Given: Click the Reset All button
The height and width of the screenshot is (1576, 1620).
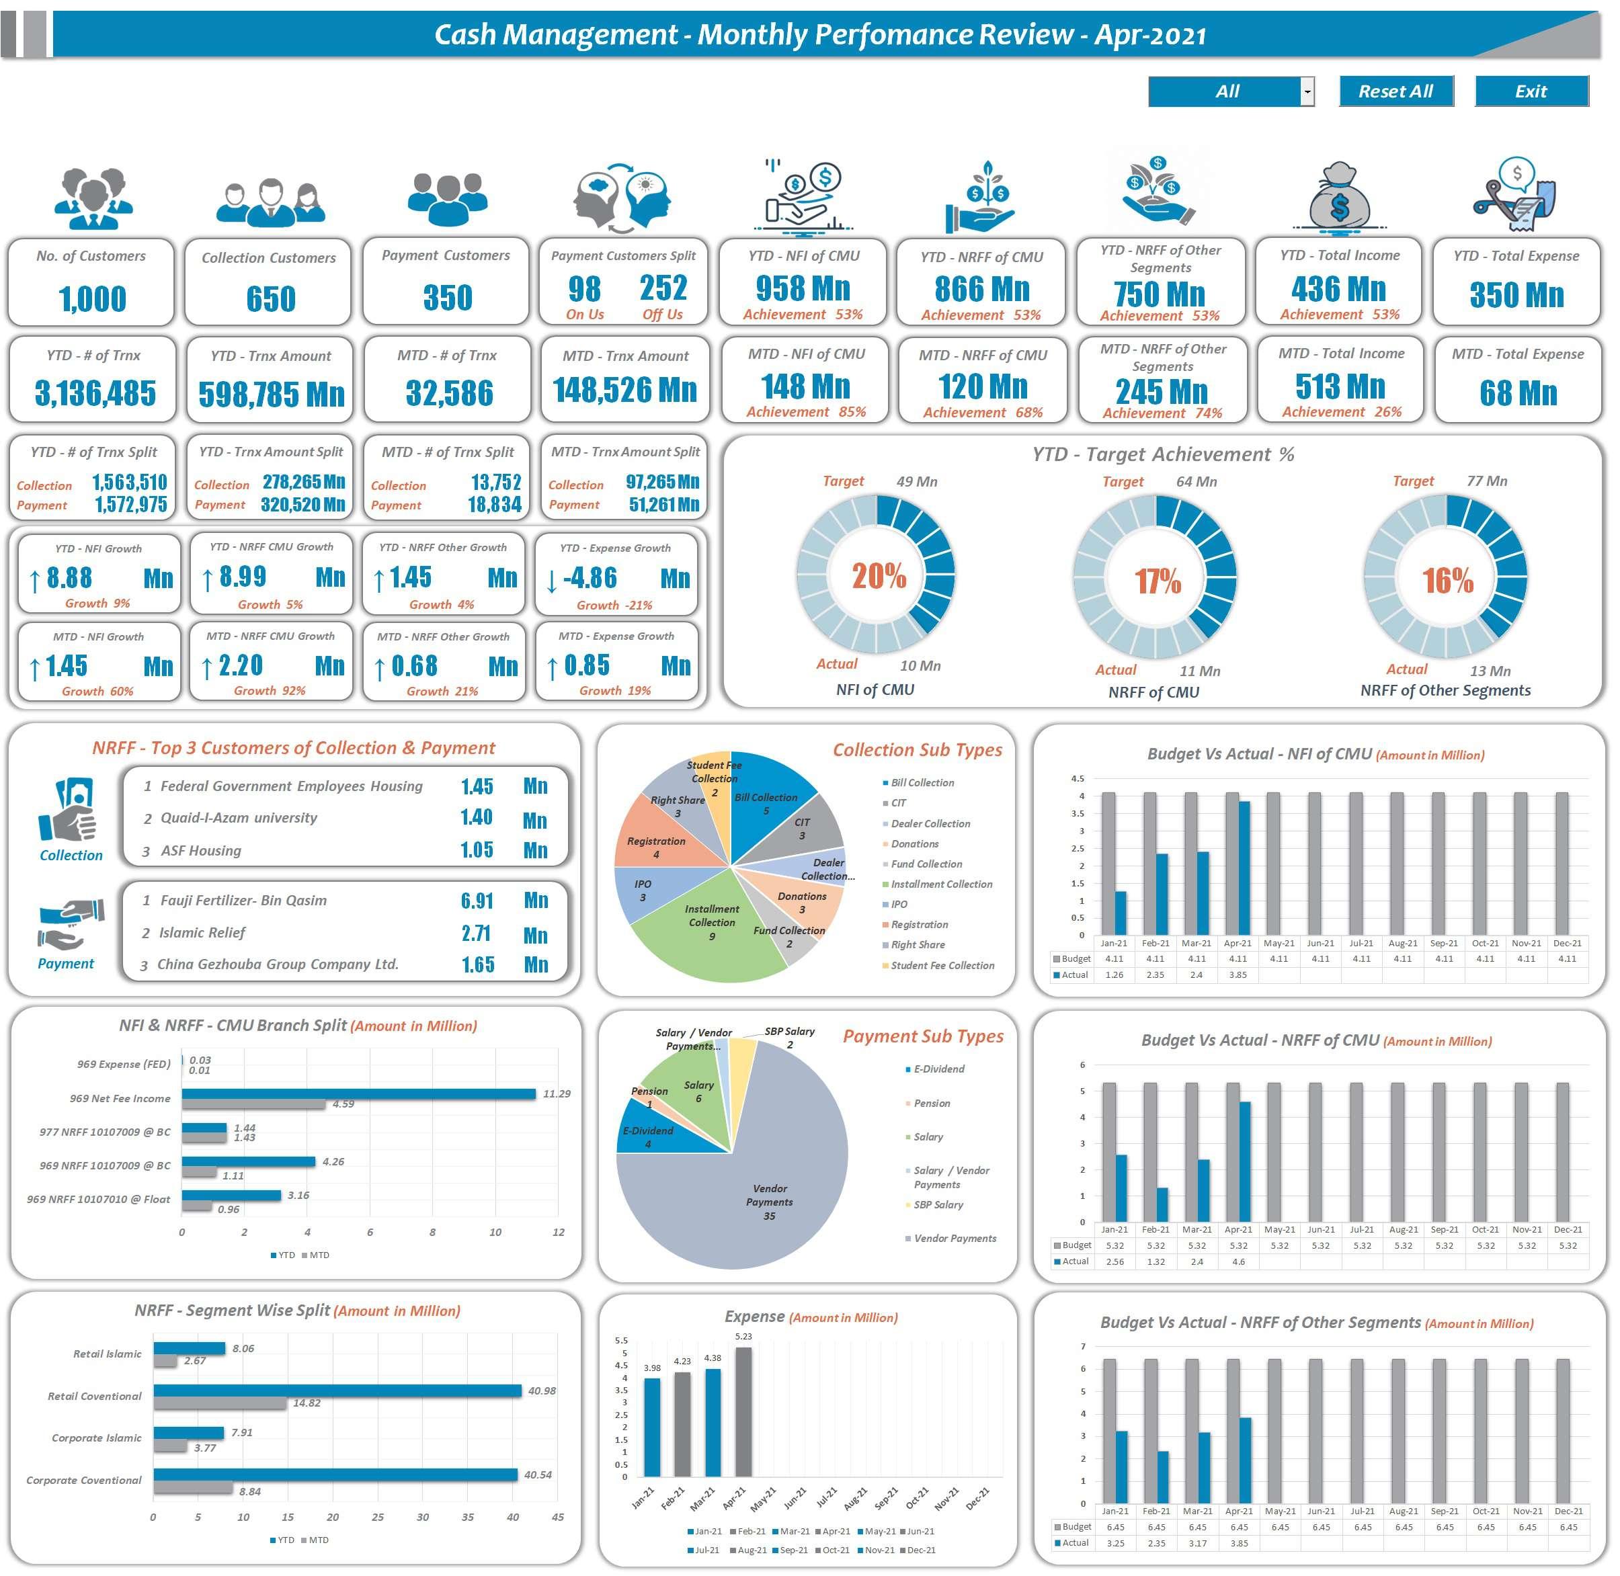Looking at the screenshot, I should click(x=1395, y=91).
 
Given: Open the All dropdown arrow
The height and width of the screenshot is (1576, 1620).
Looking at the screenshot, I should click(x=1307, y=92).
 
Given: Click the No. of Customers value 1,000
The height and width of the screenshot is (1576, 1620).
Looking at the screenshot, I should click(x=92, y=299).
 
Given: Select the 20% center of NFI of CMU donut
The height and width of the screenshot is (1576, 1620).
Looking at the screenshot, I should click(x=879, y=575).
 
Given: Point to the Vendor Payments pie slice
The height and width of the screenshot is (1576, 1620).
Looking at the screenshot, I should click(x=745, y=1192).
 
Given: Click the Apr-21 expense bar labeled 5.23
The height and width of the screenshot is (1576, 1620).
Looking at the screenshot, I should click(x=743, y=1411).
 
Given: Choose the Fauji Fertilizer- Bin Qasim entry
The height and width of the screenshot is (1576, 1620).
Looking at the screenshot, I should click(x=243, y=900).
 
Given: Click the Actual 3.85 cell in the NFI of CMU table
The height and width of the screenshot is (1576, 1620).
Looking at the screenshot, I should click(x=1238, y=975).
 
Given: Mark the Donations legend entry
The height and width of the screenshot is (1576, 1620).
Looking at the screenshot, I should click(x=914, y=843).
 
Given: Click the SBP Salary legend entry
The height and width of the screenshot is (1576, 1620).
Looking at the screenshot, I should click(x=937, y=1204).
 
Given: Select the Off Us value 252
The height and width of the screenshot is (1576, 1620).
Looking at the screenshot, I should click(x=662, y=288).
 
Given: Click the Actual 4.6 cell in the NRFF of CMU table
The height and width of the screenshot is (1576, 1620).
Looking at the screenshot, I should click(x=1238, y=1261).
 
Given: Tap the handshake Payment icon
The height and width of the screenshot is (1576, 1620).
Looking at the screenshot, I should click(x=71, y=923).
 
